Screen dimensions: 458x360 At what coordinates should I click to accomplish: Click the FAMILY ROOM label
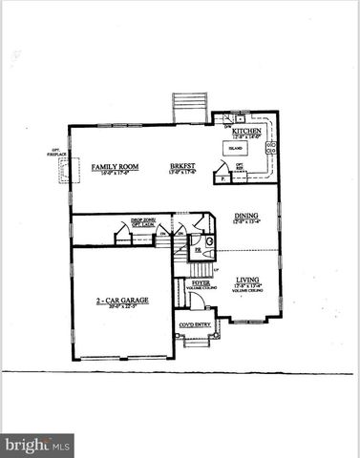115,167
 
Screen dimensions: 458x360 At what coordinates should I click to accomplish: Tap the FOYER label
201,282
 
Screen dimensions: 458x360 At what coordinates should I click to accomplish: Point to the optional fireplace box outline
63,170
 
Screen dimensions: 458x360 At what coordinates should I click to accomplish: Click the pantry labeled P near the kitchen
222,177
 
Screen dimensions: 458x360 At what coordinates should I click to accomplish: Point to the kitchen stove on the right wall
272,148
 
